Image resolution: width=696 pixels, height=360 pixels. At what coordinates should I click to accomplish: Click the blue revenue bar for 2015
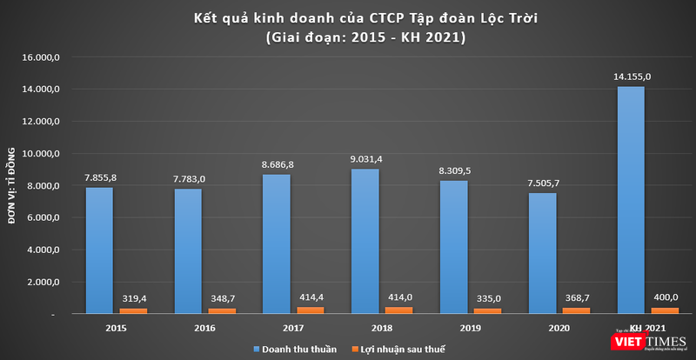[98, 250]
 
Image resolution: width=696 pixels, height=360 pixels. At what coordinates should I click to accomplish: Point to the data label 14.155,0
[631, 77]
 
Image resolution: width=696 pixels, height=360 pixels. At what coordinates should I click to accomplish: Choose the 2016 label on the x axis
[189, 328]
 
